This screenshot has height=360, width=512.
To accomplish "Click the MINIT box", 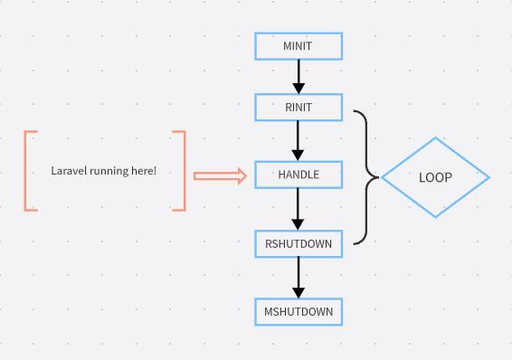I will pyautogui.click(x=299, y=46).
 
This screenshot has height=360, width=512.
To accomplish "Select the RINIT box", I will pyautogui.click(x=299, y=108).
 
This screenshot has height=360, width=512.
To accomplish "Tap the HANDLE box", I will pyautogui.click(x=299, y=175).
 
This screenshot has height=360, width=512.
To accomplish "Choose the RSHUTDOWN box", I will pyautogui.click(x=299, y=243).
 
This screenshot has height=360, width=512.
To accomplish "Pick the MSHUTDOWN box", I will pyautogui.click(x=299, y=312).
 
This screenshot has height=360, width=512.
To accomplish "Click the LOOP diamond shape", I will pyautogui.click(x=435, y=177).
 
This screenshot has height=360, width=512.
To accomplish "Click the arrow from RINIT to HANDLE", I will pyautogui.click(x=299, y=141).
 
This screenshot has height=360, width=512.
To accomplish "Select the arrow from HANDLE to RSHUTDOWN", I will pyautogui.click(x=299, y=209).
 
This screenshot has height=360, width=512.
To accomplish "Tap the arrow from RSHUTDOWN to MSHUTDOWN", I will pyautogui.click(x=299, y=278).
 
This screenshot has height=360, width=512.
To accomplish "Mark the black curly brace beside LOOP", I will pyautogui.click(x=365, y=177).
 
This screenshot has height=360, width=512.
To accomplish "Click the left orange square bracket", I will pyautogui.click(x=29, y=171).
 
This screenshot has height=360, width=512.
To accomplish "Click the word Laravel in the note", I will pyautogui.click(x=68, y=171).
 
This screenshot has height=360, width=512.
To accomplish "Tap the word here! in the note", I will pyautogui.click(x=143, y=171).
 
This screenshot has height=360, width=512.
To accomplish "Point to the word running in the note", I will pyautogui.click(x=108, y=171).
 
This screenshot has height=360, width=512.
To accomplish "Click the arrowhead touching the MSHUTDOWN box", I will pyautogui.click(x=299, y=292).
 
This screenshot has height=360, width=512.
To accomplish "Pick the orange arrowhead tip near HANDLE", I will pyautogui.click(x=242, y=175).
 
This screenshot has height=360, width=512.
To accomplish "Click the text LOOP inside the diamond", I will pyautogui.click(x=435, y=177).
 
